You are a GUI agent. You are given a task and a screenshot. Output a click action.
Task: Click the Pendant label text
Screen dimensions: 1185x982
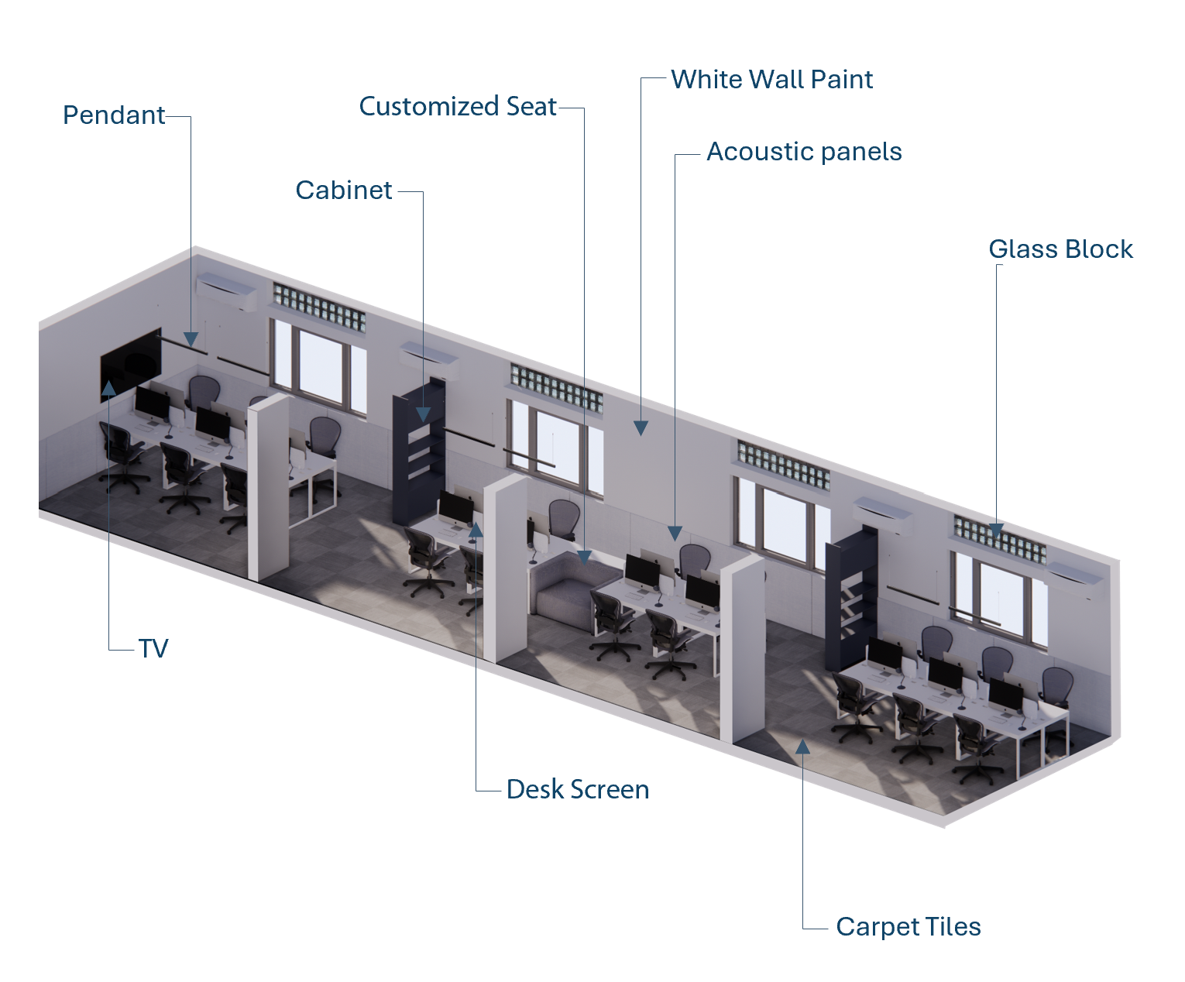114,115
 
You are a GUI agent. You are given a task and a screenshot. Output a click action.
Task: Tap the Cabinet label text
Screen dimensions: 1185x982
344,191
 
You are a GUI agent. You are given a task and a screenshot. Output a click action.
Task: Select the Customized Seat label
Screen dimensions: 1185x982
458,107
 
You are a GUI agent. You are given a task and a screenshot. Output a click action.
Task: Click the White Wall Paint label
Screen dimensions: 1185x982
771,80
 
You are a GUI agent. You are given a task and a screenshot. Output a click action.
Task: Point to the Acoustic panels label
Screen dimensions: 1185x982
804,152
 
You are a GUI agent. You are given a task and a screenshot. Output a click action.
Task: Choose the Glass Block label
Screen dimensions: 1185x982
1060,249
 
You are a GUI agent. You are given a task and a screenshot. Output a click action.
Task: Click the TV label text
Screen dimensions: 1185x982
153,649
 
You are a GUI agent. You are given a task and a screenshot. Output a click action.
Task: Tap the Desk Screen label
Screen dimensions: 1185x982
578,790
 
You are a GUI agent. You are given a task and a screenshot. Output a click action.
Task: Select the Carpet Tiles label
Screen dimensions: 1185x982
908,927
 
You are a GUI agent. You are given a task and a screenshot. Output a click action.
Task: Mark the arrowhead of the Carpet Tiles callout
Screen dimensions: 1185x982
803,747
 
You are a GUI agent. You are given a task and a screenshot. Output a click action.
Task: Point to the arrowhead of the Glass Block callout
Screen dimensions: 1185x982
997,531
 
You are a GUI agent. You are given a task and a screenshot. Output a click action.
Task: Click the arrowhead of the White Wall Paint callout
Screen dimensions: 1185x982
641,427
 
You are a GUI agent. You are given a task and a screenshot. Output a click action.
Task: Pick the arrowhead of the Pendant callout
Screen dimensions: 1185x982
191,339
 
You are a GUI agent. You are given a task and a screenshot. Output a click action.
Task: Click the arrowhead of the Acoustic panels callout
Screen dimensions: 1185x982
675,534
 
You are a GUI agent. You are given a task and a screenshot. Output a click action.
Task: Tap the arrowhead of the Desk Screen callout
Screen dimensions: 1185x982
476,530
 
